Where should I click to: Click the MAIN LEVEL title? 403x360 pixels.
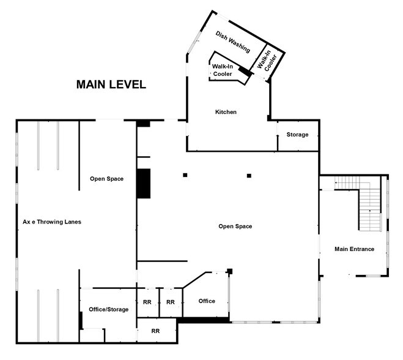[x=111, y=84]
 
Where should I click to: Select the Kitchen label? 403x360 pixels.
[x=226, y=112]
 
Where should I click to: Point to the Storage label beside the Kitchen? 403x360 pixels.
[x=297, y=135]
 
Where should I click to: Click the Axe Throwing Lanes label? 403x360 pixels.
[x=52, y=222]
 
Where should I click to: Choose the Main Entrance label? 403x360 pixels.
[x=354, y=249]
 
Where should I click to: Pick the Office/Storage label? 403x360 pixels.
[x=108, y=309]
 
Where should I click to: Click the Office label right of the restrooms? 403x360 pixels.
[x=207, y=301]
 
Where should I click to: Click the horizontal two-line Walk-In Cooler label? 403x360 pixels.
[x=222, y=70]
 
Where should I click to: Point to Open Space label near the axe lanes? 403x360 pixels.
[x=107, y=179]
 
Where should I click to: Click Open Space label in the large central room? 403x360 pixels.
[x=235, y=227]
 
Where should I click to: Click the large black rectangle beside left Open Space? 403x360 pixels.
[x=143, y=182]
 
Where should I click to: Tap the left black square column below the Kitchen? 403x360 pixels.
[x=185, y=176]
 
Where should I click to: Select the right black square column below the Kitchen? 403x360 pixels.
[x=249, y=176]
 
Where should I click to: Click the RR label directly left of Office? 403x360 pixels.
[x=171, y=302]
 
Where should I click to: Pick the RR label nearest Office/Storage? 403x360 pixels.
[x=147, y=302]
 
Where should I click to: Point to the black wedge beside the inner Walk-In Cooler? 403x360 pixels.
[x=245, y=72]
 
